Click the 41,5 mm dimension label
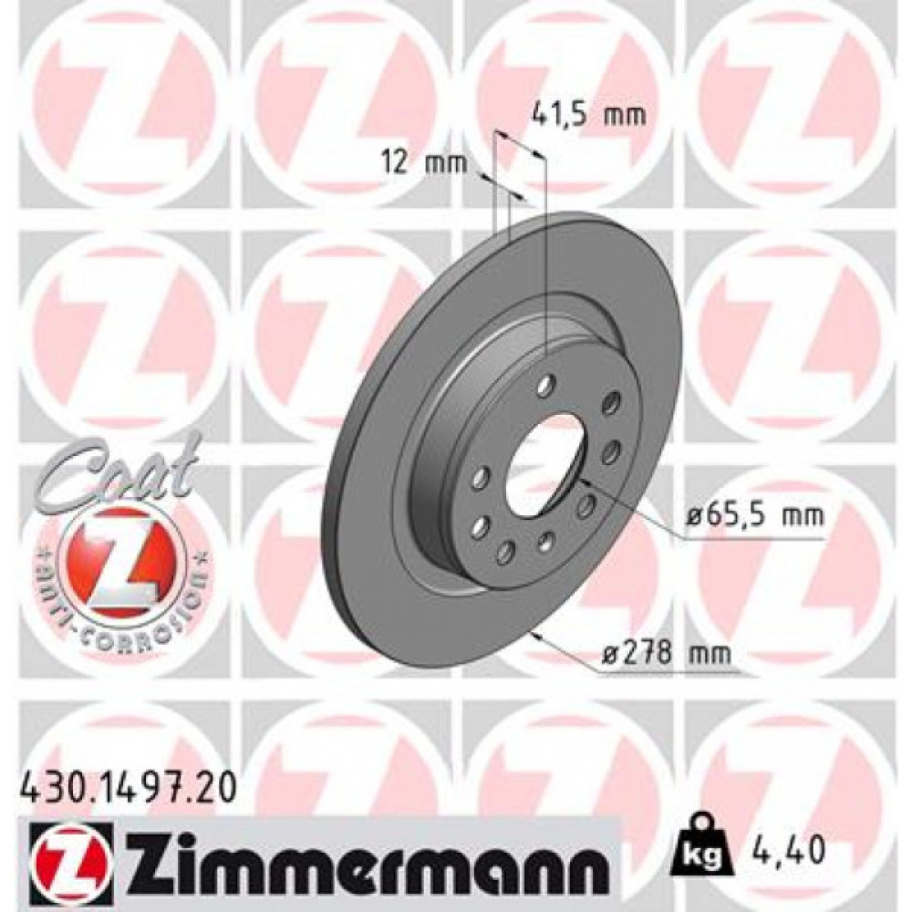pyautogui.click(x=588, y=115)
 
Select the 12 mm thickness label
pyautogui.click(x=424, y=163)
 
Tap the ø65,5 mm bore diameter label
pyautogui.click(x=754, y=515)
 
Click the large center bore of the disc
pyautogui.click(x=544, y=461)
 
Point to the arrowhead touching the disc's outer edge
pyautogui.click(x=539, y=635)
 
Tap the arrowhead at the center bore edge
pyautogui.click(x=584, y=480)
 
